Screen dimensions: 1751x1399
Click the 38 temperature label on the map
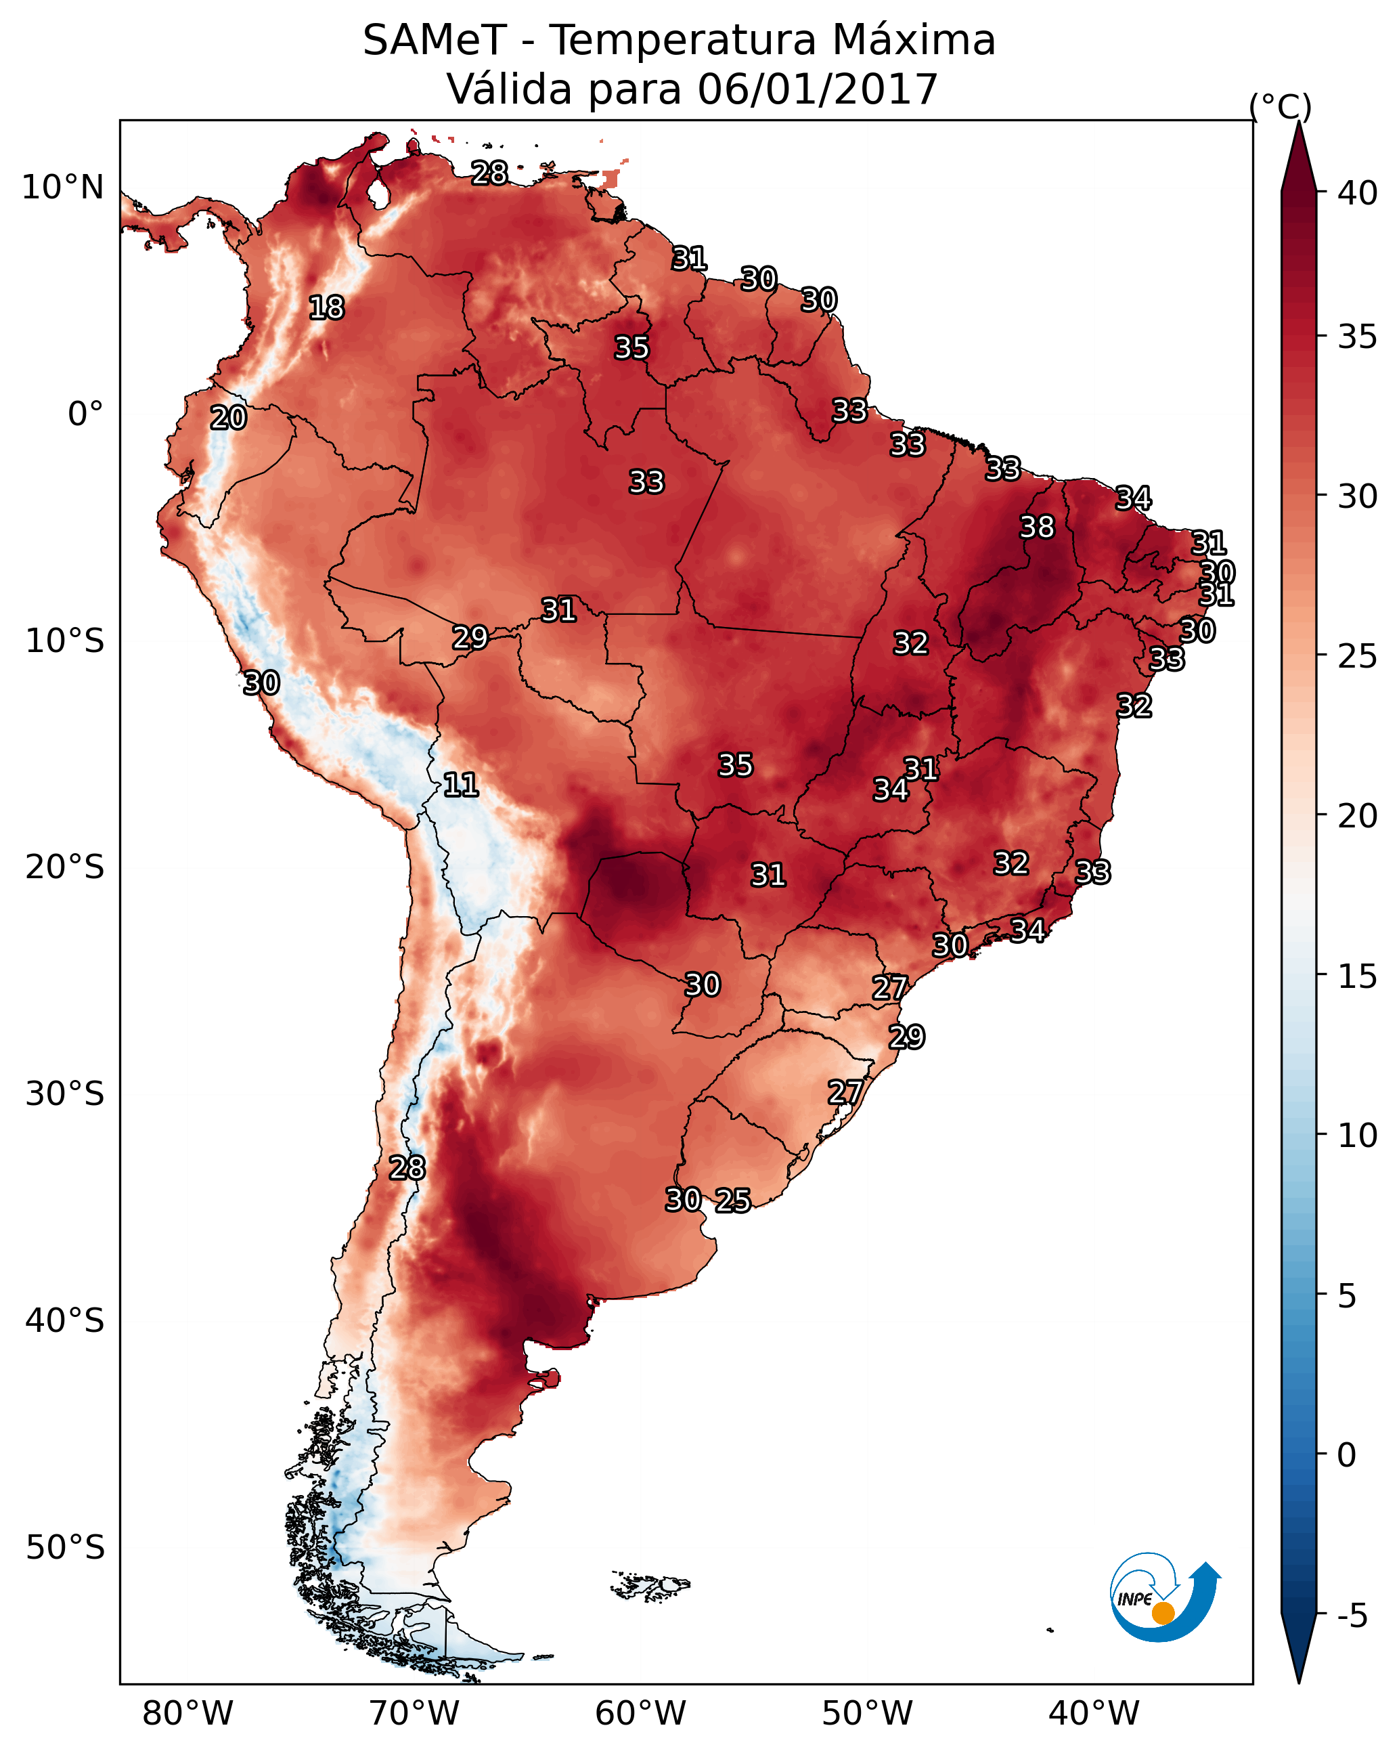coord(1037,527)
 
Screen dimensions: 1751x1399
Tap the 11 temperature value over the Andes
coord(460,785)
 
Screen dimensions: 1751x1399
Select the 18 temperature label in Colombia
coord(326,308)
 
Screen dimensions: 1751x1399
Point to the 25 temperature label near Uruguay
coord(732,1201)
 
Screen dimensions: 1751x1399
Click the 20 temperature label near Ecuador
coord(228,418)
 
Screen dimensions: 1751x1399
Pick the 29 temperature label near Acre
coord(470,638)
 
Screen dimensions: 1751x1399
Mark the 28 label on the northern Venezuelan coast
coord(489,173)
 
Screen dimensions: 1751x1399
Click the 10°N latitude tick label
coord(62,188)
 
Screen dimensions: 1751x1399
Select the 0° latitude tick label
coord(85,414)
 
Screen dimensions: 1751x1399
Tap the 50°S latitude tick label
coord(65,1548)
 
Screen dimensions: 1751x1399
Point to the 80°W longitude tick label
coord(187,1713)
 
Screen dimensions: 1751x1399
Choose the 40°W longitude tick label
coord(1094,1713)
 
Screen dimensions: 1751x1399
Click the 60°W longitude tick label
coord(641,1713)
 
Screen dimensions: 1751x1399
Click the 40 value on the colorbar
coord(1358,193)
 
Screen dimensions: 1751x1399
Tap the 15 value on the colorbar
coord(1358,977)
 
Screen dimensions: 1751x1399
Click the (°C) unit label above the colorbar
coord(1281,106)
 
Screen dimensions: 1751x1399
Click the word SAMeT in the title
coord(435,41)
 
